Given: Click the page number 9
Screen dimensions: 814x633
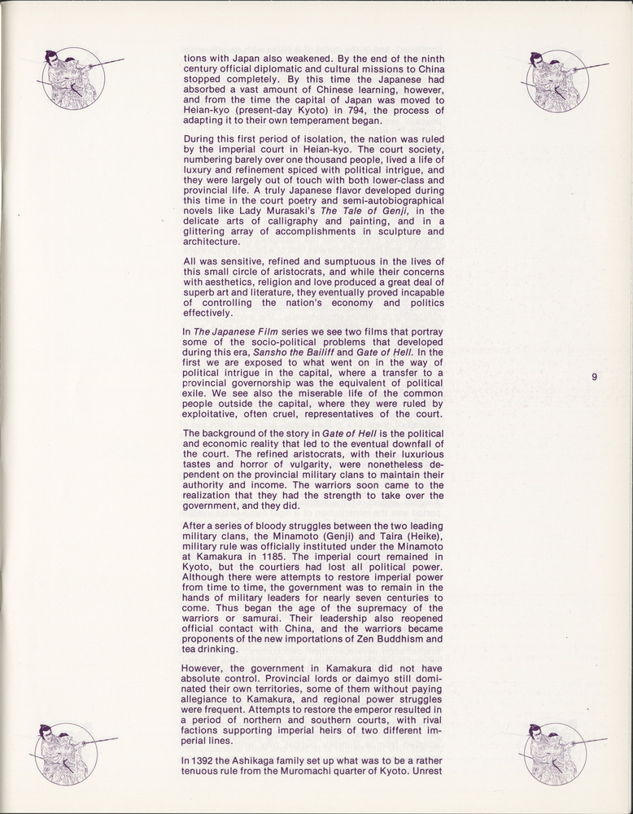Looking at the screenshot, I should click(595, 377).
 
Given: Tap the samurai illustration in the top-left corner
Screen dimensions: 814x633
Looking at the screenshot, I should click(73, 78).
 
